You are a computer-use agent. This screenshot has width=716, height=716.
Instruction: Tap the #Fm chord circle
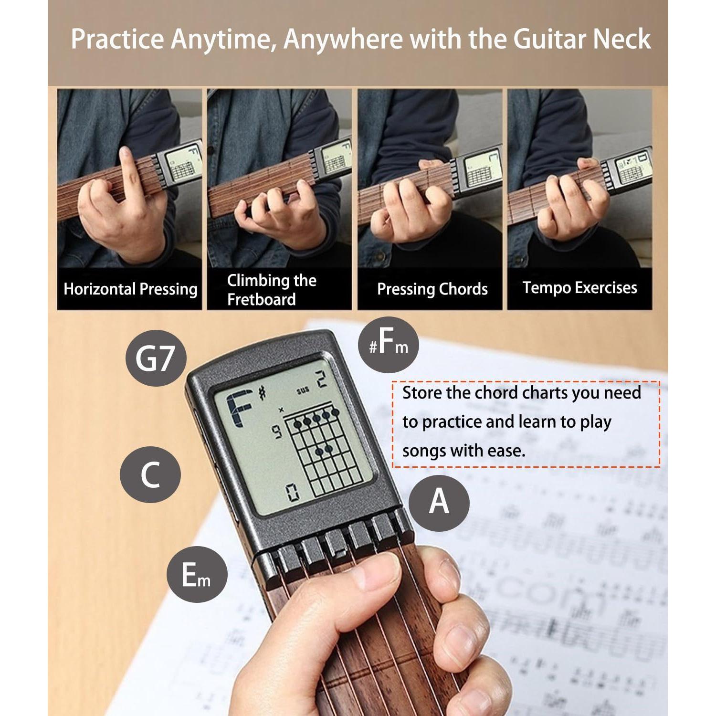[388, 345]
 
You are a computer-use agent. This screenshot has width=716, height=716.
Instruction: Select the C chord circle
[150, 474]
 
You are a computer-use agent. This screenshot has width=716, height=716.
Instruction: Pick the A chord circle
[439, 502]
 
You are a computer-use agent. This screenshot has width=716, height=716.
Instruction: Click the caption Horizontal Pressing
[130, 289]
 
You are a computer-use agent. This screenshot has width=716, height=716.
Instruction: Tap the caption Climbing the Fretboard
[271, 290]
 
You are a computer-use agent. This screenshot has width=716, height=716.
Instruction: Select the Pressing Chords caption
[432, 289]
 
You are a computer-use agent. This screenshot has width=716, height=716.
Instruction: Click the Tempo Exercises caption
[579, 288]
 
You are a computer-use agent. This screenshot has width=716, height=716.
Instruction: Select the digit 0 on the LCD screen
[293, 492]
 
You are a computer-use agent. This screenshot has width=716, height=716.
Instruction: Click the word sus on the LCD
[303, 390]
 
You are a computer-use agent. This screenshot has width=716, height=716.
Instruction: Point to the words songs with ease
[463, 451]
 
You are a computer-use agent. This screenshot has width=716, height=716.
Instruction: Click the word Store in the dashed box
[422, 393]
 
